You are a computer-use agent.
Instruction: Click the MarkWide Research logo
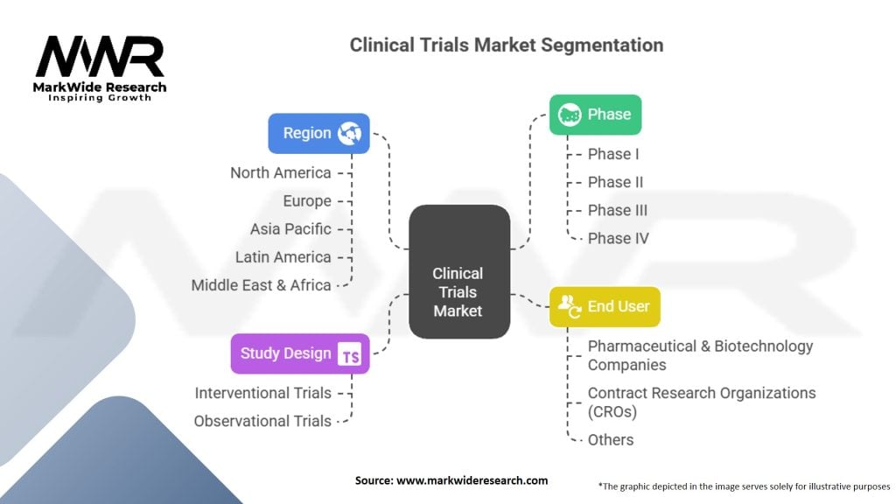point(101,66)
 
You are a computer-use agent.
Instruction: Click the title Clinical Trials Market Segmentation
point(506,45)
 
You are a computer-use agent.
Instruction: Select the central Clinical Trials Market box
point(458,272)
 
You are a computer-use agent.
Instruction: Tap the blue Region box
point(318,133)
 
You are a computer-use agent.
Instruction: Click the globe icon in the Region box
point(349,133)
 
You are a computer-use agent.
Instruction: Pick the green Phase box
point(595,115)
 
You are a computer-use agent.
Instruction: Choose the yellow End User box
point(605,306)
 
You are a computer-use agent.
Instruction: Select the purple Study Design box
point(299,353)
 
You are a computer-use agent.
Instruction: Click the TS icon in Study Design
point(350,354)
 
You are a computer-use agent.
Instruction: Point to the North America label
point(280,172)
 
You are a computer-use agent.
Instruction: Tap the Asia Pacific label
point(290,228)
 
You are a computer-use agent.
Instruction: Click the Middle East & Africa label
point(261,284)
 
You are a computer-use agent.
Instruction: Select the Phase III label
point(617,210)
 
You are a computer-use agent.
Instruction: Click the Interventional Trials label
point(262,393)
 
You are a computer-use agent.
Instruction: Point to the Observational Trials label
point(262,421)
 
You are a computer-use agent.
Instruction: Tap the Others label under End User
point(610,439)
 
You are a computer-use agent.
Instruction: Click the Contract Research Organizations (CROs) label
point(701,402)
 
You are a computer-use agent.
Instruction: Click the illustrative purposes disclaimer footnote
point(744,485)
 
